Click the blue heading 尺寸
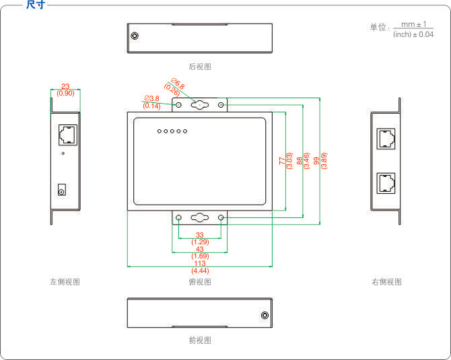pos(36,4)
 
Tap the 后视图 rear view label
pos(200,67)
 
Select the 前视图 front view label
pos(200,340)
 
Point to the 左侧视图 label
pos(65,282)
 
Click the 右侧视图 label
pos(386,282)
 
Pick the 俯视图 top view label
pos(200,282)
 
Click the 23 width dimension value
pos(65,86)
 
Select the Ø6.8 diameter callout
pos(178,83)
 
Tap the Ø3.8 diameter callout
pos(152,99)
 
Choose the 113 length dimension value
pos(200,263)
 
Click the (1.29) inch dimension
pos(200,242)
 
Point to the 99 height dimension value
pos(316,161)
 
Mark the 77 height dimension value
pos(282,161)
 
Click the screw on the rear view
pos(135,36)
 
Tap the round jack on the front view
pos(265,315)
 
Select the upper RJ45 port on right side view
pos(386,139)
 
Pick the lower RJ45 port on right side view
pos(386,183)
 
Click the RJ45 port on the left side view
pos(68,135)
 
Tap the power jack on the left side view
pos(61,190)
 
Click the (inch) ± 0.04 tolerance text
pos(413,34)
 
